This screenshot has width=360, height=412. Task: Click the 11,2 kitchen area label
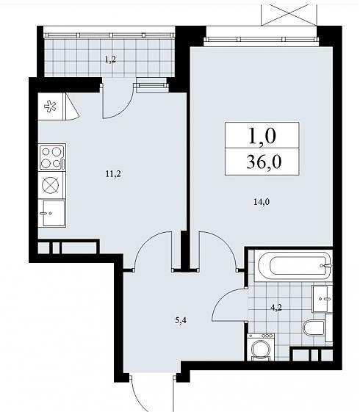[113, 173]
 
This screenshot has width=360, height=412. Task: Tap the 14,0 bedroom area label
[262, 202]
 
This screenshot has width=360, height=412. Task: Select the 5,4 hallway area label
[181, 320]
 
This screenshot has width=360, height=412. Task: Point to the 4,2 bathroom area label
[276, 307]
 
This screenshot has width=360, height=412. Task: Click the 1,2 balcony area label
[110, 59]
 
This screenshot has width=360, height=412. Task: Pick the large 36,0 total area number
[264, 162]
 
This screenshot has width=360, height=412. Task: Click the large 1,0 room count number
[262, 136]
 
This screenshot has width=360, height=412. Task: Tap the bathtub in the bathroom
[294, 265]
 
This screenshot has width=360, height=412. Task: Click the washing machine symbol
[261, 347]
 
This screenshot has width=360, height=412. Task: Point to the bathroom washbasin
[322, 299]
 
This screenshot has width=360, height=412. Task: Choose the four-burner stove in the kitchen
[52, 157]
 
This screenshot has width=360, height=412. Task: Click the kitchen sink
[52, 213]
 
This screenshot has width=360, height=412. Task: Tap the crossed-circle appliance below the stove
[51, 185]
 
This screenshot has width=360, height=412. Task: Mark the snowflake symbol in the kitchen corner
[50, 106]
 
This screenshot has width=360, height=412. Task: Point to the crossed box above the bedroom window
[289, 12]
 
